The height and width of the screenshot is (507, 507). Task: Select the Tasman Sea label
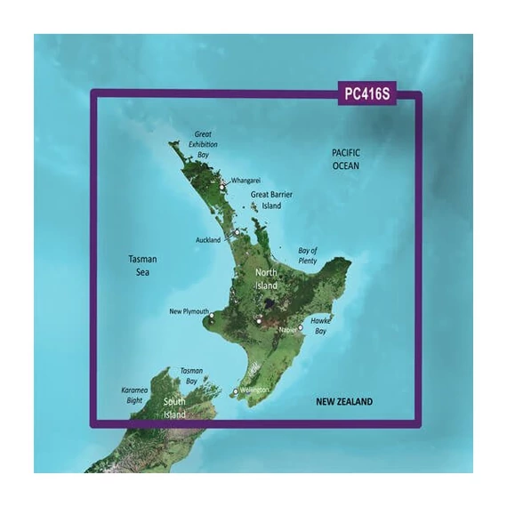(x=141, y=264)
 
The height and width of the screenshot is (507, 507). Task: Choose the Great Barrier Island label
(x=271, y=199)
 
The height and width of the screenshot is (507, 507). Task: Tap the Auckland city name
(x=207, y=240)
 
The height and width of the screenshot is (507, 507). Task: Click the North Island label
(x=267, y=280)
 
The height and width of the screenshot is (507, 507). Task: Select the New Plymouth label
(x=188, y=312)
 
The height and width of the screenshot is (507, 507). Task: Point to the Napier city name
(x=286, y=329)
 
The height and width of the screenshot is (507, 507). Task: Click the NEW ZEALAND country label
(x=345, y=402)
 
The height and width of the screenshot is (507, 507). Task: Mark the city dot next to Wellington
(x=236, y=391)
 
